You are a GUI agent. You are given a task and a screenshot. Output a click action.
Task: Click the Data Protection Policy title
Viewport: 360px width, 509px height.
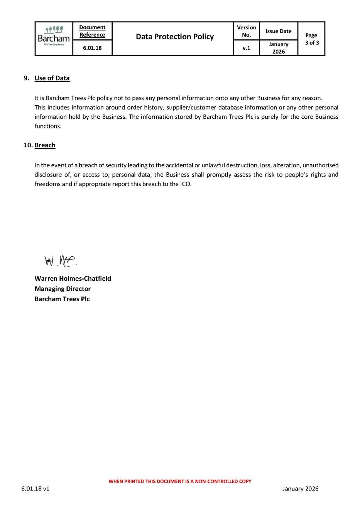pos(175,37)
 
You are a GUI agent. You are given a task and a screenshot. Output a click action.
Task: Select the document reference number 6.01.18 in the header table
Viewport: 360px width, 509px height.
pos(92,48)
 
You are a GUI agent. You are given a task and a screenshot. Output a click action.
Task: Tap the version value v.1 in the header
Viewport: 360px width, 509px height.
pos(246,48)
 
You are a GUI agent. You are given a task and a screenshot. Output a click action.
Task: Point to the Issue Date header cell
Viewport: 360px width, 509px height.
pos(279,31)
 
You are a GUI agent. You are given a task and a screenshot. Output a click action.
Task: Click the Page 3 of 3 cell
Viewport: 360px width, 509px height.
pos(312,39)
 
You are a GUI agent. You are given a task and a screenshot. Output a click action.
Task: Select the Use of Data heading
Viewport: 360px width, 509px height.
pos(52,78)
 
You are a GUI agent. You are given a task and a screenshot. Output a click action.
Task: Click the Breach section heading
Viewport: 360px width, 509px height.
pos(45,145)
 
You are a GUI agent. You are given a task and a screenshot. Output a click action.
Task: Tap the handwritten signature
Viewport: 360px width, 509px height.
pos(60,261)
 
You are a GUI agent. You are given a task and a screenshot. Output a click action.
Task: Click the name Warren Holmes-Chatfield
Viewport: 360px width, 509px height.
pos(73,278)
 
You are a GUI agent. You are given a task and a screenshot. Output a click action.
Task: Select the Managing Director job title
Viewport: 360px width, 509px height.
pos(63,288)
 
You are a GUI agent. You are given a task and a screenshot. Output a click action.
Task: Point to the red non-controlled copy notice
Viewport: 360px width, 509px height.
pos(180,481)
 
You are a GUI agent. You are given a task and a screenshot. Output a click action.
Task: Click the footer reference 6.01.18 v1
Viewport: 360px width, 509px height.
pos(35,489)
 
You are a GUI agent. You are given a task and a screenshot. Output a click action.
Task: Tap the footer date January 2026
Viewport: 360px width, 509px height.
pos(300,489)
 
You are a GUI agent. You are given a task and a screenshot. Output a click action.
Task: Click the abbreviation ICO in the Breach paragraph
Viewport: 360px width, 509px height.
pos(185,184)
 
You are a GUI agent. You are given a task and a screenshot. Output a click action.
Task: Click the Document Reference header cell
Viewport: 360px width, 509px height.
pos(92,31)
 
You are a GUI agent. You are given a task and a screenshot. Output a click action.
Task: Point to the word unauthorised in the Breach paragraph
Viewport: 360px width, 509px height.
pos(320,165)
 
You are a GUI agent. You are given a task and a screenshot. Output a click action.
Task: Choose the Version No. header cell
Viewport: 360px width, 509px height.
pos(246,31)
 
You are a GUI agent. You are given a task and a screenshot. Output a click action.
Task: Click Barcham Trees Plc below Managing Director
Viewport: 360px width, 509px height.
pos(62,299)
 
